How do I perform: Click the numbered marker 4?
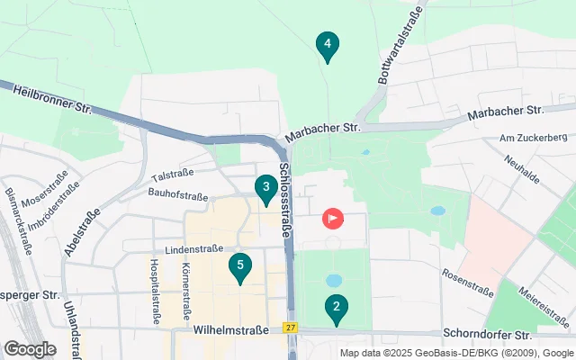click(328, 44)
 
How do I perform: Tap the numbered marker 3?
click(265, 188)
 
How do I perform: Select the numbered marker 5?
click(239, 265)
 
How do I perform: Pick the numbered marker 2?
click(337, 308)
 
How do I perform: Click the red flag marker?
click(333, 218)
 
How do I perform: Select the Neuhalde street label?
click(523, 166)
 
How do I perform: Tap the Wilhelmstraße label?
click(231, 330)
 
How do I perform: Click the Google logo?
click(30, 348)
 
